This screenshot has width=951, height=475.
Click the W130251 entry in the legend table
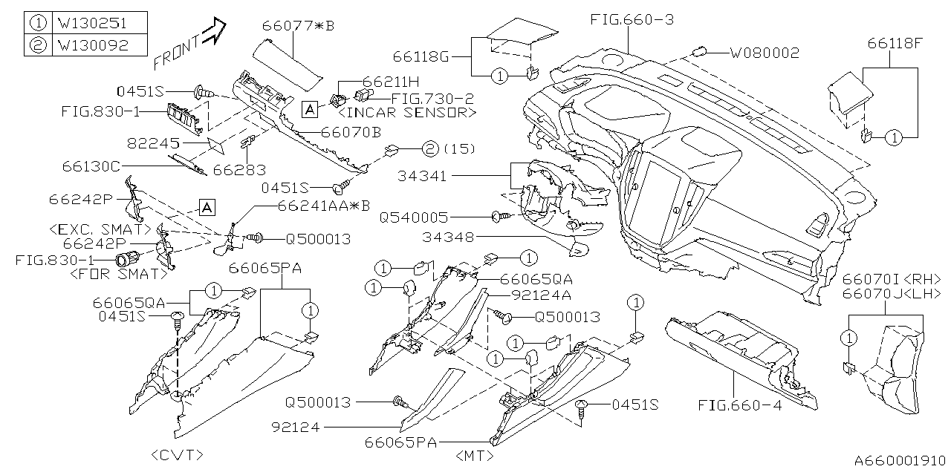pos(92,22)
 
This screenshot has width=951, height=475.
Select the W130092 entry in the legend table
pos(92,45)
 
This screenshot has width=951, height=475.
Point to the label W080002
pos(764,53)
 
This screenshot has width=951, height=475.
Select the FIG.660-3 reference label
pos(632,19)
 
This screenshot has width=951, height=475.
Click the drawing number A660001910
pos(898,460)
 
